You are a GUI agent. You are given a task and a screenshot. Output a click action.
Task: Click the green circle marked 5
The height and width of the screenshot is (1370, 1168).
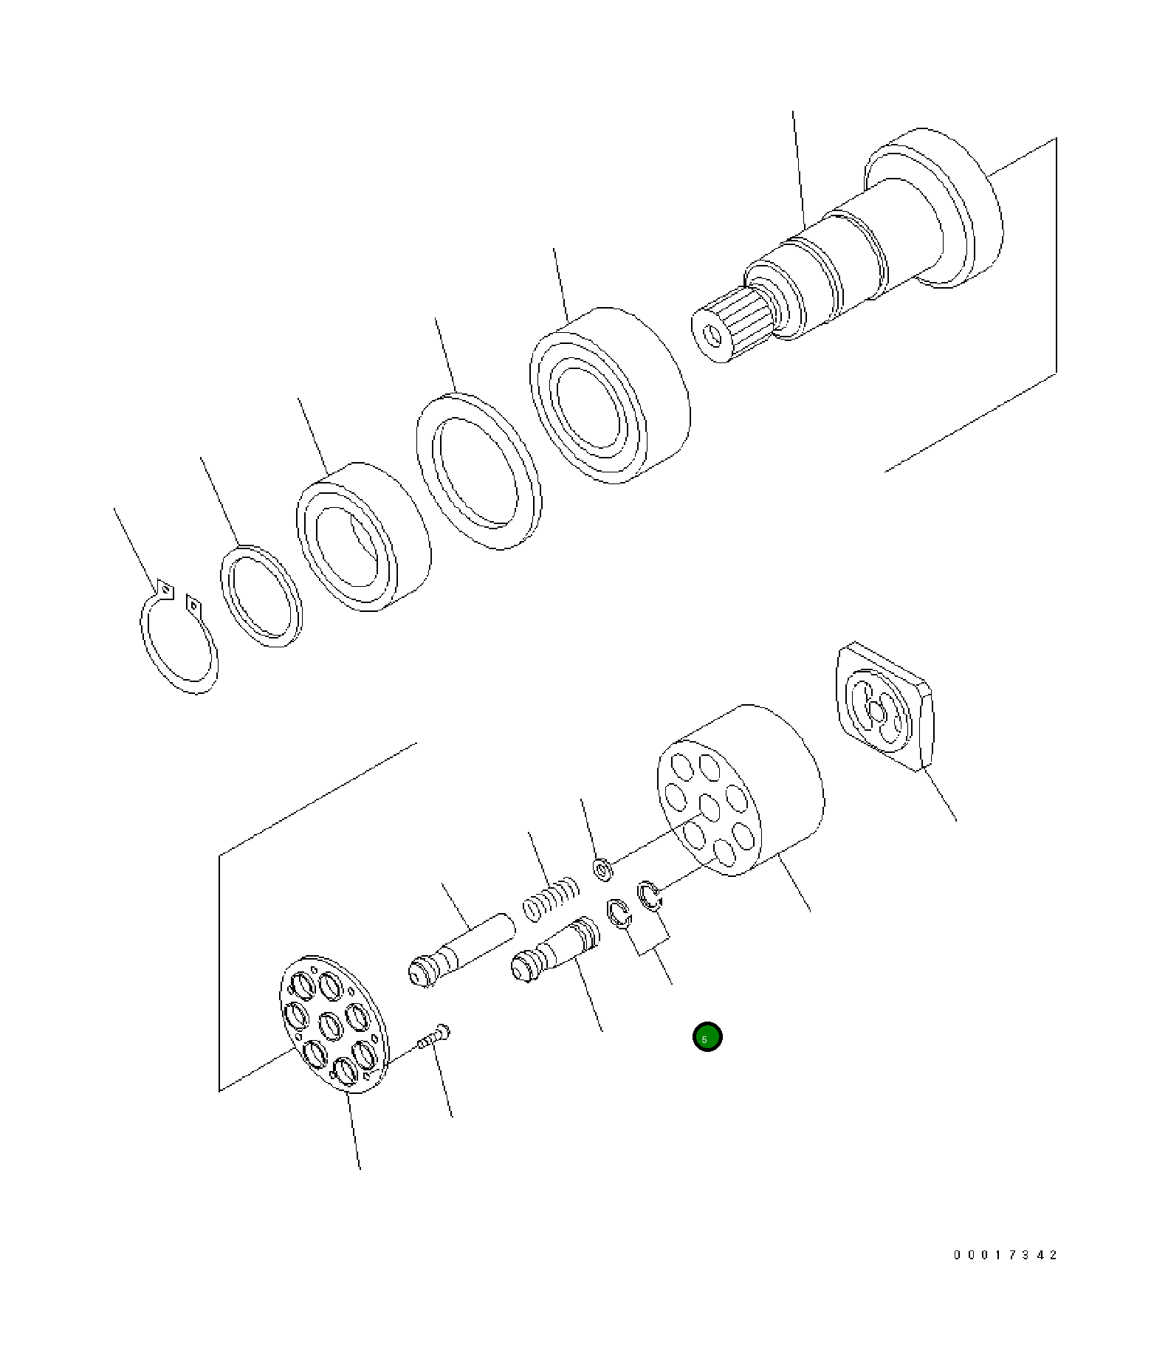(x=707, y=1037)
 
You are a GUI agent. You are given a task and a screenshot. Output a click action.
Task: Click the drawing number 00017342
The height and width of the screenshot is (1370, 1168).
(x=1005, y=1255)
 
